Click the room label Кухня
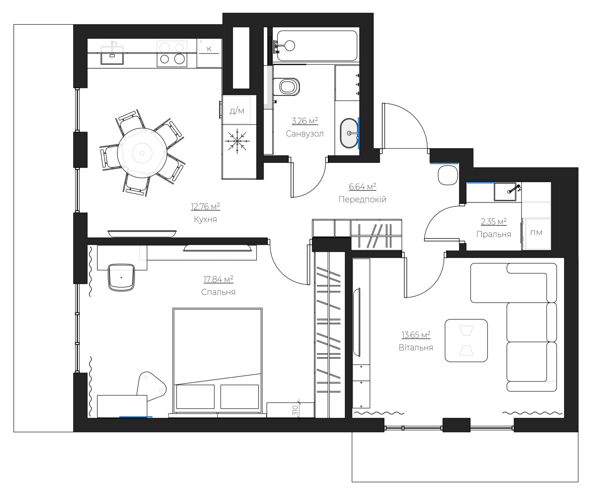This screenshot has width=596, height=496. pos(205,219)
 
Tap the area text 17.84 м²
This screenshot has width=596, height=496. pos(218,279)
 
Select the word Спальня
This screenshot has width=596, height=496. pos(218,292)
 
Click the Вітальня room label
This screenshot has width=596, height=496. pos(416,347)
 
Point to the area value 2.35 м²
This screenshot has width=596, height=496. pos(494,221)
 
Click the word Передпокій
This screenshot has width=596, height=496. pos(362,199)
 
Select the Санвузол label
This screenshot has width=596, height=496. pos(305,134)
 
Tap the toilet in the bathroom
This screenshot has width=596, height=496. pos(287,86)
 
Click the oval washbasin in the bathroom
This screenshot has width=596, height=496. pos(349,133)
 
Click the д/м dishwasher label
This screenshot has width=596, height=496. pos(237,111)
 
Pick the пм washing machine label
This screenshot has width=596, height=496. pos(536,232)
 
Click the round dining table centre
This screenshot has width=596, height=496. pos(142,153)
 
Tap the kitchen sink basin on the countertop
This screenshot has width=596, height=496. pos(112,56)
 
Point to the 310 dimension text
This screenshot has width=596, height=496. pos(295,411)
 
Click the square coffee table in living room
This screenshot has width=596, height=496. pos(466,341)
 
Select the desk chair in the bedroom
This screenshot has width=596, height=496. pos(121,277)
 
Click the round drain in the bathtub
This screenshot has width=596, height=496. pos(290,46)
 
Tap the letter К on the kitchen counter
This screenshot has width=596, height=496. pos(209,49)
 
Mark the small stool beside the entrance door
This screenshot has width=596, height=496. pos(448,175)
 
